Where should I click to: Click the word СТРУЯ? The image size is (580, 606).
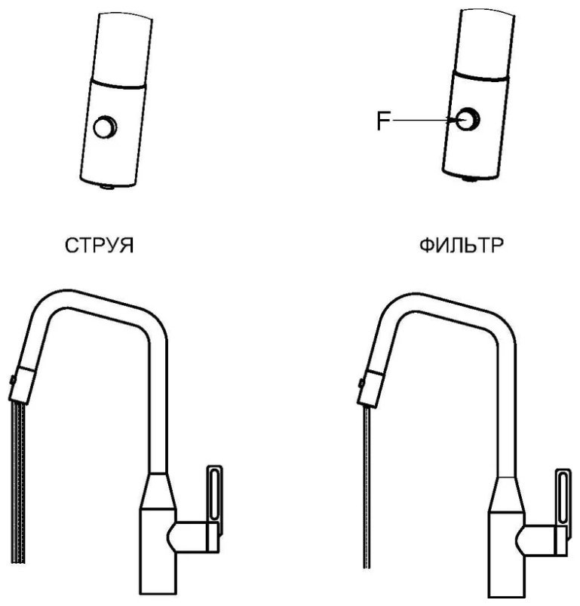(100, 246)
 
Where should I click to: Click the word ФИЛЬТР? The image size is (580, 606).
(462, 245)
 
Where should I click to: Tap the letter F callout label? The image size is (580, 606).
(384, 121)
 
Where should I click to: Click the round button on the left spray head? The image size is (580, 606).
(106, 127)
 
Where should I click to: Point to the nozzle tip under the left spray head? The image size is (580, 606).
(107, 187)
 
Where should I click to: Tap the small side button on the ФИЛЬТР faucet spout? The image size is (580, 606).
(361, 383)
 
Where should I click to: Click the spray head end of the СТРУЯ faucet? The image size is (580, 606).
(21, 385)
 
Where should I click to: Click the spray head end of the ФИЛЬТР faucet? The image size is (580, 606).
(370, 388)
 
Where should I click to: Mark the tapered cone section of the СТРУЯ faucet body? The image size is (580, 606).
(158, 491)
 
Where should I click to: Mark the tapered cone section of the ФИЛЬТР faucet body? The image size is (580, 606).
(507, 494)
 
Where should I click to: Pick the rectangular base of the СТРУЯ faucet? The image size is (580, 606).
(158, 552)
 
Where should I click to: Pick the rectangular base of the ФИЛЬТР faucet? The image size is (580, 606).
(507, 555)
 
